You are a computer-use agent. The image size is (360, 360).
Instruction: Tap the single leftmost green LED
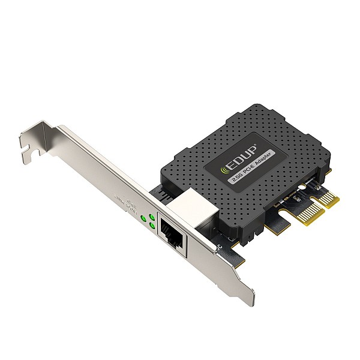tap(143, 220)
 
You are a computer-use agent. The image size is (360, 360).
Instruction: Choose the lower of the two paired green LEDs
tap(154, 226)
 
